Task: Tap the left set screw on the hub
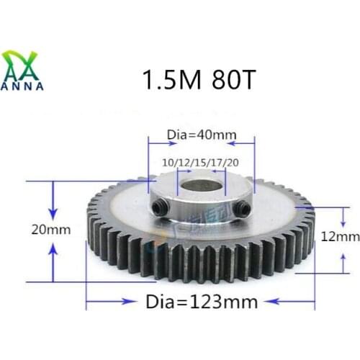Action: (x=159, y=209)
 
